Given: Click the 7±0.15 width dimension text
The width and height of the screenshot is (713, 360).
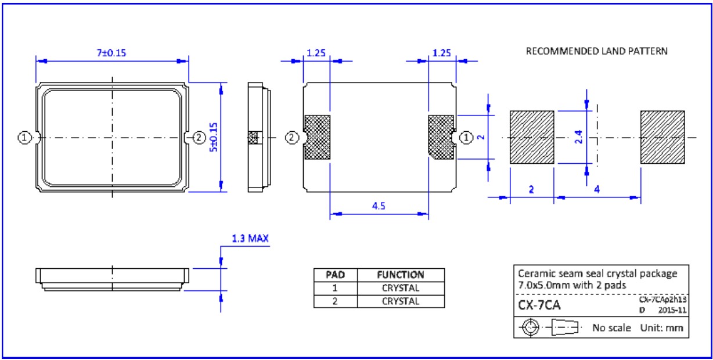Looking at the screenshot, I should tap(111, 53).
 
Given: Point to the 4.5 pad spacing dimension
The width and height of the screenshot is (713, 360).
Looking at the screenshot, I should tap(379, 207).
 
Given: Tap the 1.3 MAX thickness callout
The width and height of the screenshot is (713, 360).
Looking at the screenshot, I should tap(250, 239).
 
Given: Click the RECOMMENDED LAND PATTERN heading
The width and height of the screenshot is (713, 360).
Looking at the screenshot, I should tap(596, 51).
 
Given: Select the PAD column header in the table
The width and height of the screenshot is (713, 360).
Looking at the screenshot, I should tap(336, 275).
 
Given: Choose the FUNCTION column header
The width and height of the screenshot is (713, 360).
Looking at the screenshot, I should tap(401, 275).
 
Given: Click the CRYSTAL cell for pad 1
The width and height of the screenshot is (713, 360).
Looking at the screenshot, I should tap(401, 288).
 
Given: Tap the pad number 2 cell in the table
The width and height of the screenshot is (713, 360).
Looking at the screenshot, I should tap(336, 301).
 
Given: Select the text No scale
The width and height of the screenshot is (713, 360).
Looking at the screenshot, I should tap(611, 328).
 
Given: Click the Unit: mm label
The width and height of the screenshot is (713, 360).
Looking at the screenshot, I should tap(661, 328).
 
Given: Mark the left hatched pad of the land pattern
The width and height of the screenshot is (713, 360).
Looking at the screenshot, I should tap(532, 137).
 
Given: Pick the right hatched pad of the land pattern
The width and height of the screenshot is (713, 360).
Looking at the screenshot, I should tap(662, 137).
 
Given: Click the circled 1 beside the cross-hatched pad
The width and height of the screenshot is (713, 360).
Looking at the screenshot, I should tap(466, 138).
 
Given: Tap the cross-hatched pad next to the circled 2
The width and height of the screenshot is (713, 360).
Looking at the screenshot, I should tap(317, 137).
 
